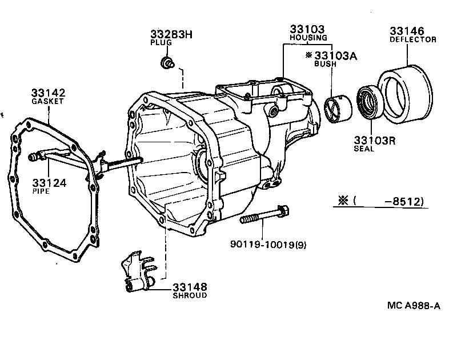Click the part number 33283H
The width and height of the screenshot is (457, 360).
(171, 34)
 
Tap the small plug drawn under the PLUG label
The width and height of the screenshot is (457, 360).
(168, 62)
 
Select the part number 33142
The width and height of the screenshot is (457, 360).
(48, 93)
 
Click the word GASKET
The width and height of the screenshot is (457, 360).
(48, 101)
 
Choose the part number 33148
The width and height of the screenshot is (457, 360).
(190, 287)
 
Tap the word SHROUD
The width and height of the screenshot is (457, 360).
(190, 295)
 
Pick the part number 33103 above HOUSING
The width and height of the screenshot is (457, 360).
(307, 29)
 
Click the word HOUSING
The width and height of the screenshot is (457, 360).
(307, 38)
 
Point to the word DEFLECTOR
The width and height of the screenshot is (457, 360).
(413, 39)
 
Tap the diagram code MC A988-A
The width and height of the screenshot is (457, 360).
(413, 306)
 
